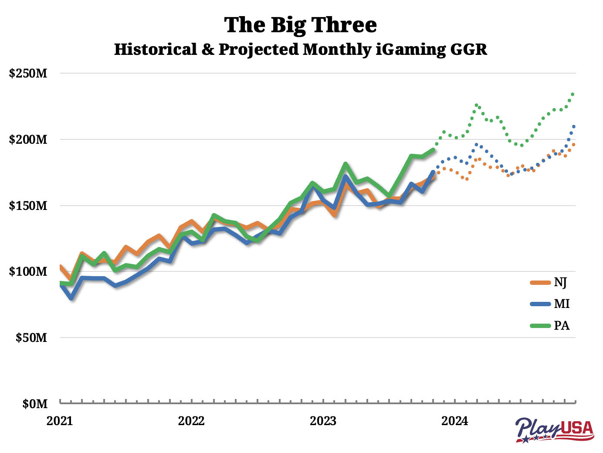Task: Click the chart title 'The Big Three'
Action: coord(300,25)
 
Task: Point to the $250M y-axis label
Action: coord(28,73)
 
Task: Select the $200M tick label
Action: coord(28,139)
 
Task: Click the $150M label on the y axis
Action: coord(28,206)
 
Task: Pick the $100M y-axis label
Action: coord(28,271)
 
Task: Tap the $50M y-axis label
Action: coord(31,338)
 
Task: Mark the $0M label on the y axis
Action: coord(34,404)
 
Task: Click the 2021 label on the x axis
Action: coord(60,421)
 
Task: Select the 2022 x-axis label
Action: coord(191,421)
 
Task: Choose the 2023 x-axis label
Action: coord(323,421)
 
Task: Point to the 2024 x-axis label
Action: coord(454,421)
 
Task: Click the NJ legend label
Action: coord(560,283)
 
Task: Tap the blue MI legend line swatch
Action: coord(540,304)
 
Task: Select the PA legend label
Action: coord(562,325)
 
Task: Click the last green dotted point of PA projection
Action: coord(573,94)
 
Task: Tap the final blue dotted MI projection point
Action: coord(574,126)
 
